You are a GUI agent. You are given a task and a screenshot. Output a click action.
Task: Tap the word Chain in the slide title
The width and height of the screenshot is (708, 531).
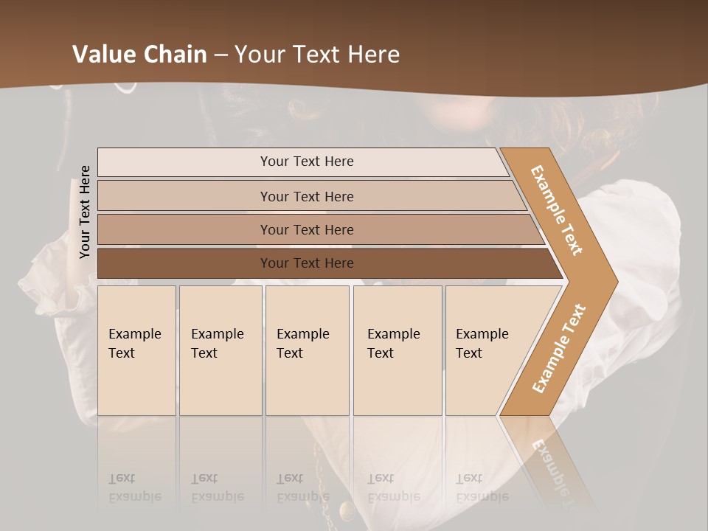point(176,55)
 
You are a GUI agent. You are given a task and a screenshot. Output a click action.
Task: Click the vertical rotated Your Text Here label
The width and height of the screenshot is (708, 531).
point(85,212)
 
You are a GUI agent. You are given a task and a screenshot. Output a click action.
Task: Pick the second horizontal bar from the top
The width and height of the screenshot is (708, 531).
point(307,196)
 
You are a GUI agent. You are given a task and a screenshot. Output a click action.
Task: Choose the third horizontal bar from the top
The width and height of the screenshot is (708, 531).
point(307,229)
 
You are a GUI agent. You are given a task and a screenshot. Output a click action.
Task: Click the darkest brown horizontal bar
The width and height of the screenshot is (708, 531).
point(307,263)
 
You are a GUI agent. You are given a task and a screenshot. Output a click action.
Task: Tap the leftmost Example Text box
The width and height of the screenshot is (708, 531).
point(136,350)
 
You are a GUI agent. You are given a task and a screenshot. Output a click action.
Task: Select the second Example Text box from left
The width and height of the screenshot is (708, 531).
point(221,350)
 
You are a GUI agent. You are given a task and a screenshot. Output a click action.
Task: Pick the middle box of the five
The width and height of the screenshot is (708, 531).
point(307,350)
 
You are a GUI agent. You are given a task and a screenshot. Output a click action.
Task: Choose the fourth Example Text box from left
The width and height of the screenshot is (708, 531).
point(398,350)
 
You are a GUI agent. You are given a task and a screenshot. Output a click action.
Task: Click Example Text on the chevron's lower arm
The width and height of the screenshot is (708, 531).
point(559,349)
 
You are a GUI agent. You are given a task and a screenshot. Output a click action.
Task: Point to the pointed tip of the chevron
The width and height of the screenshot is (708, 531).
point(612,281)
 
